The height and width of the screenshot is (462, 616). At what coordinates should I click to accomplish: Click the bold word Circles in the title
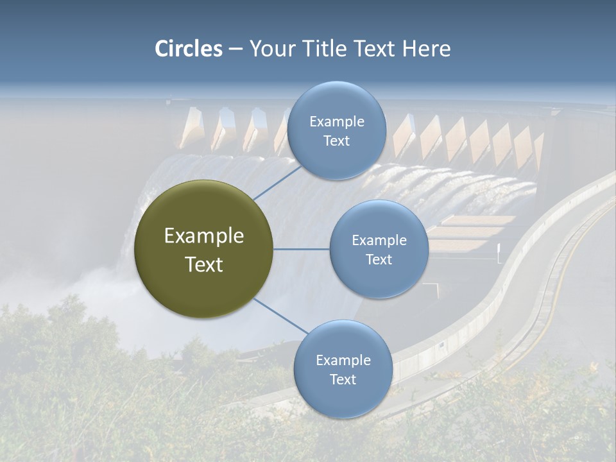pos(189,49)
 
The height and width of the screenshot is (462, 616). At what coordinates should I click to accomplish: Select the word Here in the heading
pos(426,49)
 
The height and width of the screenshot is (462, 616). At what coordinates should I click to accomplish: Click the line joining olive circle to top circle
pos(277,182)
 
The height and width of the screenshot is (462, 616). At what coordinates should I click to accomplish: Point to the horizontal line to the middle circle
pos(302,249)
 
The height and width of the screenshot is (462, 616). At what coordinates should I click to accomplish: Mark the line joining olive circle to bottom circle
pos(280,316)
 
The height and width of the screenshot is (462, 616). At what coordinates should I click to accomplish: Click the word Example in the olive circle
pos(204,236)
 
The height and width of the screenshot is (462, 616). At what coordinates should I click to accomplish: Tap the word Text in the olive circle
pos(204,264)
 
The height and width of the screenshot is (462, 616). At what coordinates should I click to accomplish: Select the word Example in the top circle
pos(336,122)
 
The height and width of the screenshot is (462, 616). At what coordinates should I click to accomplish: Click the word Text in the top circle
pos(336,141)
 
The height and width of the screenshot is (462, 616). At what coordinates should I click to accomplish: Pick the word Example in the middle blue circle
pos(379,241)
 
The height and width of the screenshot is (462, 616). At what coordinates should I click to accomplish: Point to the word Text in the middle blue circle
pos(379,259)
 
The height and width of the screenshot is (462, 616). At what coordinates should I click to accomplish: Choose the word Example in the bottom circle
pos(343,361)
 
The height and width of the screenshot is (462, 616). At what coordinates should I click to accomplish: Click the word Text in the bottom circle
pos(343,379)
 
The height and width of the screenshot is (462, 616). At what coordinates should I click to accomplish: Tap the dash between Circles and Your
pos(235,49)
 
